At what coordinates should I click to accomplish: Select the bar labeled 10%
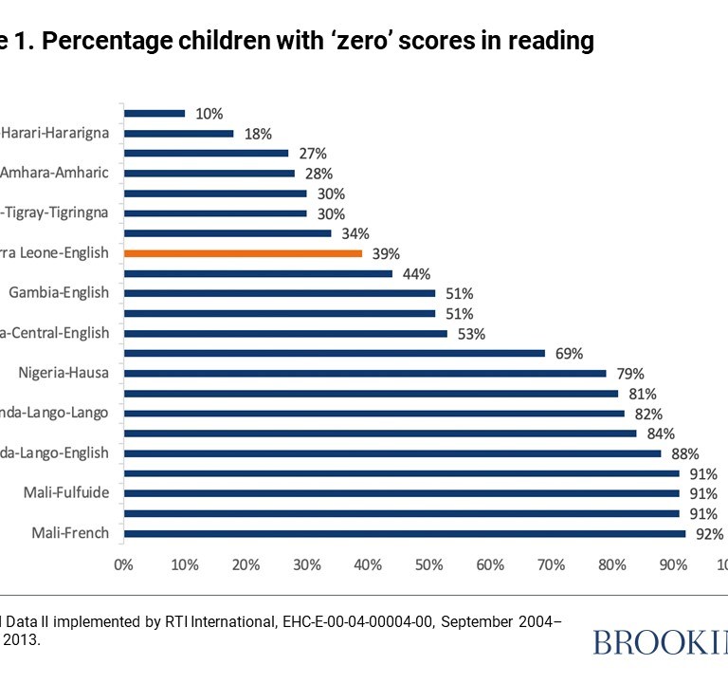tap(155, 114)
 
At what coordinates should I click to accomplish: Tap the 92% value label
tap(709, 534)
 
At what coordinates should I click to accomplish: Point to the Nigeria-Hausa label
tap(64, 373)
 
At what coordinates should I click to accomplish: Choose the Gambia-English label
tap(59, 293)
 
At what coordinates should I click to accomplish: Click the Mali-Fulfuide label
tap(65, 493)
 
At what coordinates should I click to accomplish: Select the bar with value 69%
tap(335, 353)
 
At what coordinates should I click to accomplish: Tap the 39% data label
tap(386, 254)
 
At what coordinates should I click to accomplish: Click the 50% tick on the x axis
tap(428, 565)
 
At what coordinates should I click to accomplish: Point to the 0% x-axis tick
tap(123, 565)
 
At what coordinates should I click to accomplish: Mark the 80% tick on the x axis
tap(612, 565)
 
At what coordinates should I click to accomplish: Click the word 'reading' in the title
tap(542, 42)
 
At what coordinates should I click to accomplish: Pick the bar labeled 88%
tap(392, 453)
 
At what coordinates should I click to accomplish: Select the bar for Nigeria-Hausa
tap(365, 373)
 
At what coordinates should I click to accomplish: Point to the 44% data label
tap(416, 274)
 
